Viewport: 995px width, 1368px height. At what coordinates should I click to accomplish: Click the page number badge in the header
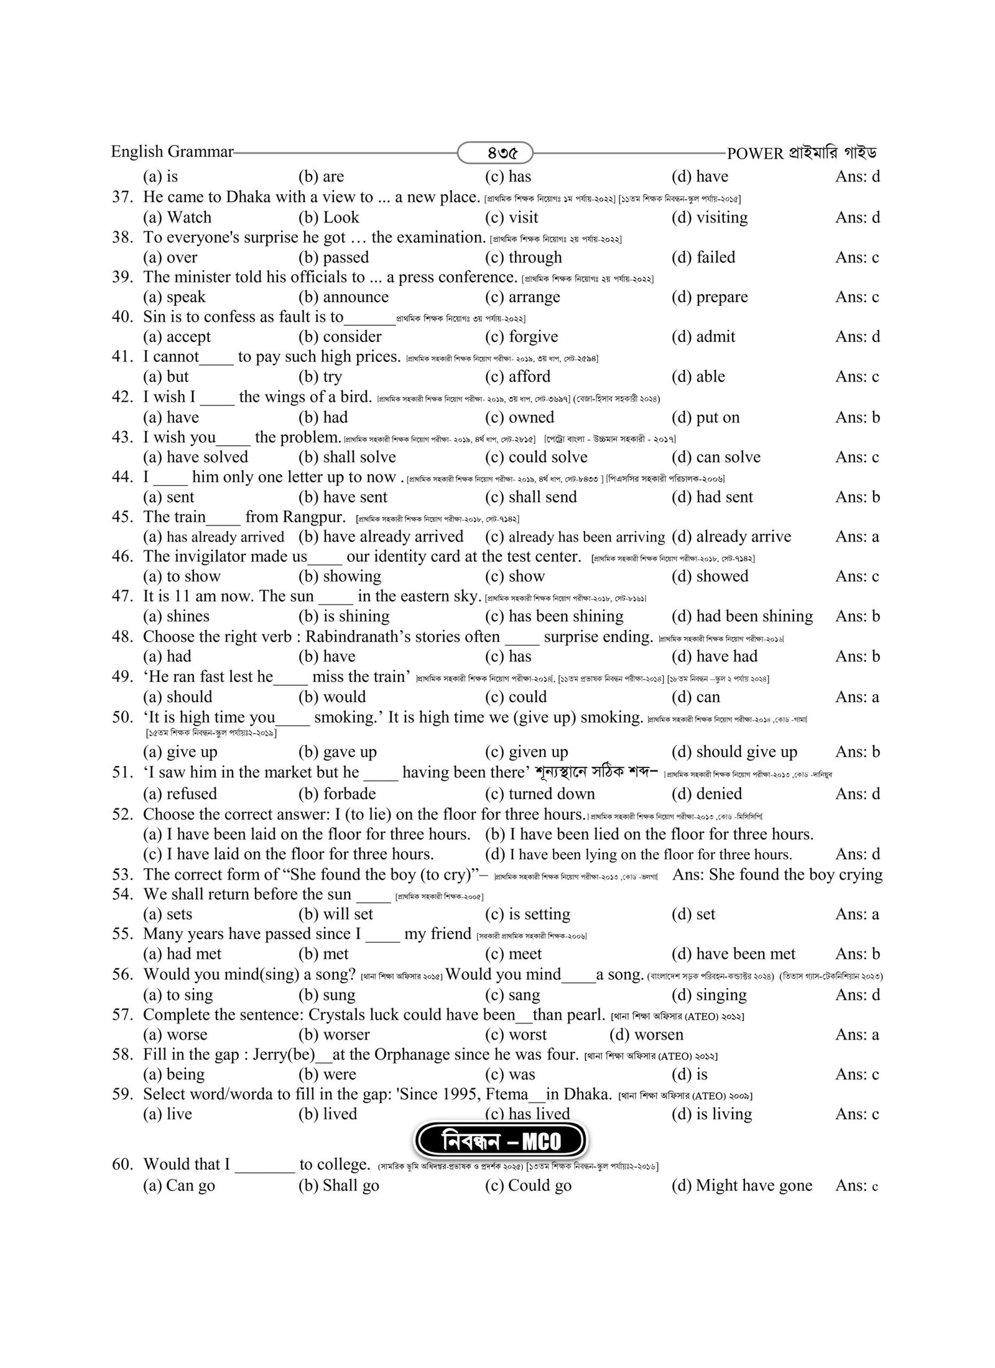tap(495, 152)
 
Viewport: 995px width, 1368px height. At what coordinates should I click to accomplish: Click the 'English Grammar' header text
tap(172, 152)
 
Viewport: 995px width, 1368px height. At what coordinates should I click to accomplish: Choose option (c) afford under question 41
tap(517, 377)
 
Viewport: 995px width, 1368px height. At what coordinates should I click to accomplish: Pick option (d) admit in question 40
tap(703, 337)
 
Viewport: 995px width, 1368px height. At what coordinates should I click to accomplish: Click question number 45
tap(123, 517)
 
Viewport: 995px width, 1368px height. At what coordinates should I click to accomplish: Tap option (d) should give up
tap(734, 752)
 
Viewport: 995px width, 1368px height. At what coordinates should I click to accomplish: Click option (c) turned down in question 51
tap(539, 794)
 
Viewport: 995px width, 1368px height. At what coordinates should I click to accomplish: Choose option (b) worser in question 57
tap(334, 1035)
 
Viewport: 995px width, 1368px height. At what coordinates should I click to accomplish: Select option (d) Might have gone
tap(741, 1186)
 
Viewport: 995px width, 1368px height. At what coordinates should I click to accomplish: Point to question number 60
tap(123, 1165)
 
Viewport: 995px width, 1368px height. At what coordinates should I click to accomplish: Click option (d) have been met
tap(733, 954)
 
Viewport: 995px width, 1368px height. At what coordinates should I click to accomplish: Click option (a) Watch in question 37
tap(177, 218)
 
